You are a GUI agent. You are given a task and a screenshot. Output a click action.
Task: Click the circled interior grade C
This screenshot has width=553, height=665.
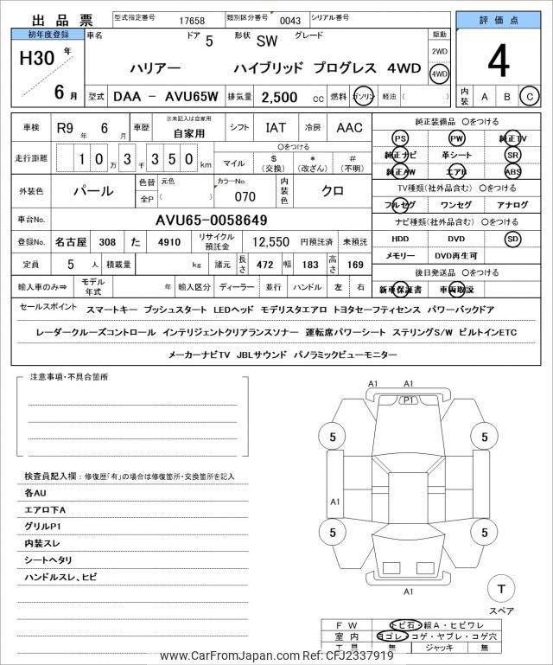tap(531, 95)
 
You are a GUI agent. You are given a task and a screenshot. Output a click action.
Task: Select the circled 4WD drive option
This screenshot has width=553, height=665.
tap(440, 74)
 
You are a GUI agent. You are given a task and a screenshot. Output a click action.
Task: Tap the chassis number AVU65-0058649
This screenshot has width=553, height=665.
tap(212, 221)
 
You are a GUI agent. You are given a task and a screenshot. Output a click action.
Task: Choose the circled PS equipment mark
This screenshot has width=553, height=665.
tap(400, 138)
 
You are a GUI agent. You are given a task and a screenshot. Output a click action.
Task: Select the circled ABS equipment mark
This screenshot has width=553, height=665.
tap(512, 171)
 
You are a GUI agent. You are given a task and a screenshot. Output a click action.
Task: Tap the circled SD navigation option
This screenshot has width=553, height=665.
tap(512, 238)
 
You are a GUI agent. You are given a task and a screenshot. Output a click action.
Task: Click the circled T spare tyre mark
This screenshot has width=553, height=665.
tap(499, 589)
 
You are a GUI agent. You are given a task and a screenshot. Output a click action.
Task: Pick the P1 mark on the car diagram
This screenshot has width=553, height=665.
tap(409, 400)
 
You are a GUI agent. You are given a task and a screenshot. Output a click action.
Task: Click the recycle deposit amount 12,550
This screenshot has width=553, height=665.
tap(270, 242)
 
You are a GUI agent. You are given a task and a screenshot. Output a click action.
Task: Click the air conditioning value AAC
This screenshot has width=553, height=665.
tap(349, 128)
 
